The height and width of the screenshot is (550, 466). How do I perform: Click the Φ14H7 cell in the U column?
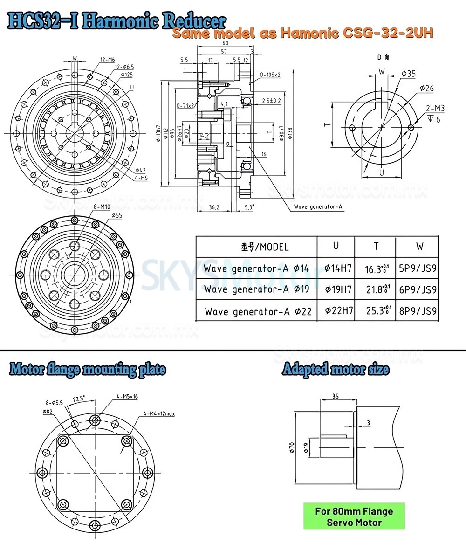(x=336, y=268)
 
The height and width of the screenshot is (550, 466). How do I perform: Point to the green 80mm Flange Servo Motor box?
(x=354, y=516)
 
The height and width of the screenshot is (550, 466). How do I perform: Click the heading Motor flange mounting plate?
(x=88, y=370)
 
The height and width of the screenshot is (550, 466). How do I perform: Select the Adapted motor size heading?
(x=336, y=370)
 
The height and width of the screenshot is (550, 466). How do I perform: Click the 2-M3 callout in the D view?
(x=435, y=109)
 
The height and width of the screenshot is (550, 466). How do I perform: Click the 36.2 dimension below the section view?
(x=214, y=207)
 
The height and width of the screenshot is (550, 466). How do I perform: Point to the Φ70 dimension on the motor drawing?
(x=292, y=447)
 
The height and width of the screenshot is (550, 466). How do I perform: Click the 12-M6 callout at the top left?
(x=108, y=59)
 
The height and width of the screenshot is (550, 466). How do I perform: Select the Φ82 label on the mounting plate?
(x=47, y=412)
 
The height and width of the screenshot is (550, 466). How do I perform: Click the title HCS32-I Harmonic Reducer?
(x=116, y=21)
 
